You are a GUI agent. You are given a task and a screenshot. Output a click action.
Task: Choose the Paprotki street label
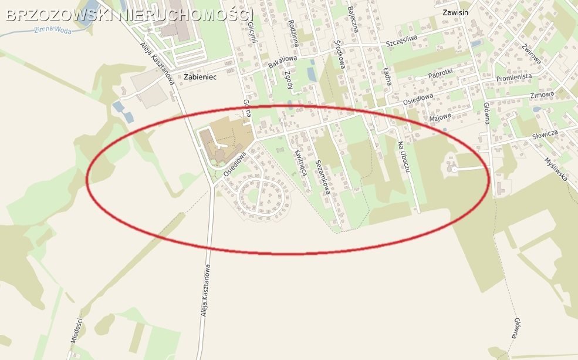click(x=441, y=75)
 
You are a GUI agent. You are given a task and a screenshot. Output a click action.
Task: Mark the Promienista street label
click(x=513, y=78)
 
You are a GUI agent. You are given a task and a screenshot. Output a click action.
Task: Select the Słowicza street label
click(x=544, y=134)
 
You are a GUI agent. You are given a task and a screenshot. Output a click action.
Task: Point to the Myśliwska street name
click(x=556, y=169)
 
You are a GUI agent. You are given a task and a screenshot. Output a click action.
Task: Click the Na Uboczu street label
click(x=403, y=157)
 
